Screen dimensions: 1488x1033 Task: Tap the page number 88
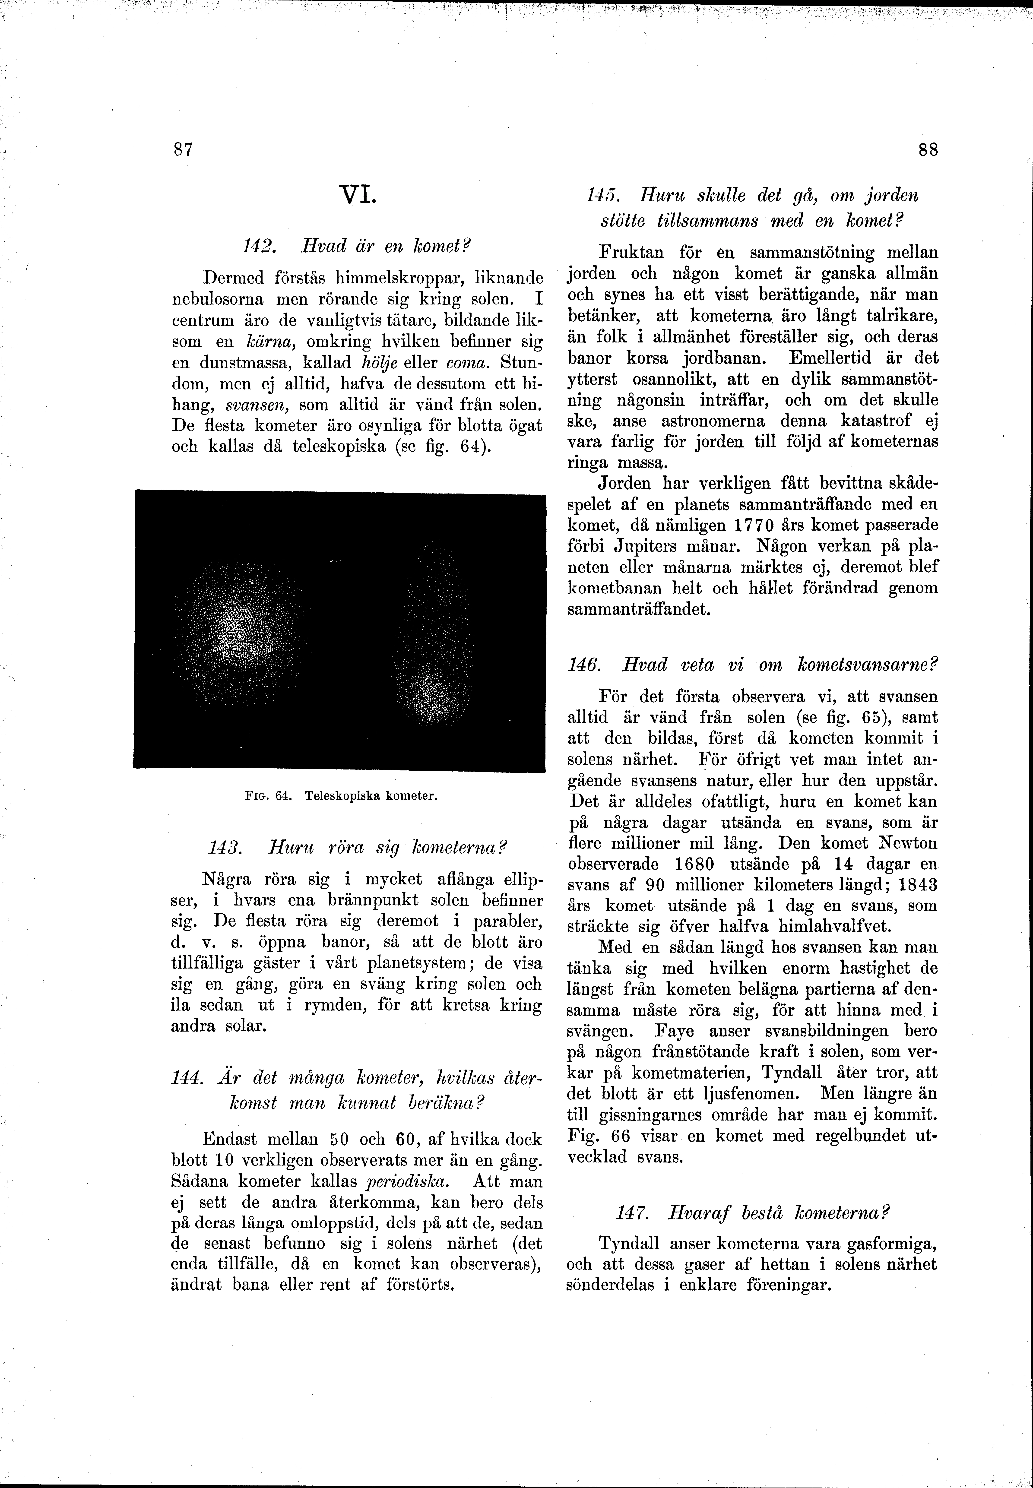(x=928, y=149)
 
